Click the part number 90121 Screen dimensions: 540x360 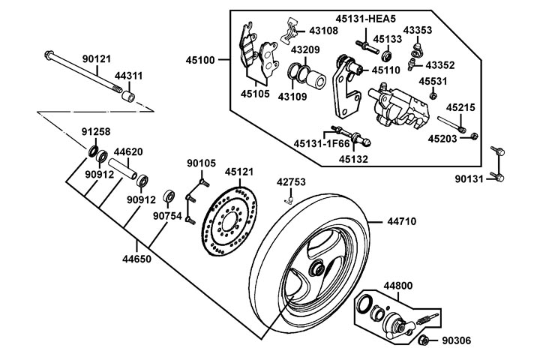pos(97,59)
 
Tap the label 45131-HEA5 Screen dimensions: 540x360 pos(365,19)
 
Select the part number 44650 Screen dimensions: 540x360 pos(136,259)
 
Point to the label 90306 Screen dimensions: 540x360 pos(456,340)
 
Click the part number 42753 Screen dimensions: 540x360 pos(291,182)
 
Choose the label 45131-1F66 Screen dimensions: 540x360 pos(322,144)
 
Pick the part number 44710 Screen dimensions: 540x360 pos(401,221)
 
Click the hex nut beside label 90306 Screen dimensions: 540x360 pos(424,340)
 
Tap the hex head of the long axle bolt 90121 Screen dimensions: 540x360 pos(49,55)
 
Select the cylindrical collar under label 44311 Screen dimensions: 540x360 pos(128,95)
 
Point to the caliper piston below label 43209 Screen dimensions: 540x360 pos(316,80)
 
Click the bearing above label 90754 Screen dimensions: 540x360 pos(169,196)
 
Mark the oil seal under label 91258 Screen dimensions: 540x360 pos(93,151)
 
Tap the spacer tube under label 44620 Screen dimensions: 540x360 pos(123,169)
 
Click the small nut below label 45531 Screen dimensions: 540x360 pos(433,95)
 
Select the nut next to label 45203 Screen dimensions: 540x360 pos(474,136)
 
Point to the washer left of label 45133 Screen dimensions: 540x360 pos(388,55)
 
